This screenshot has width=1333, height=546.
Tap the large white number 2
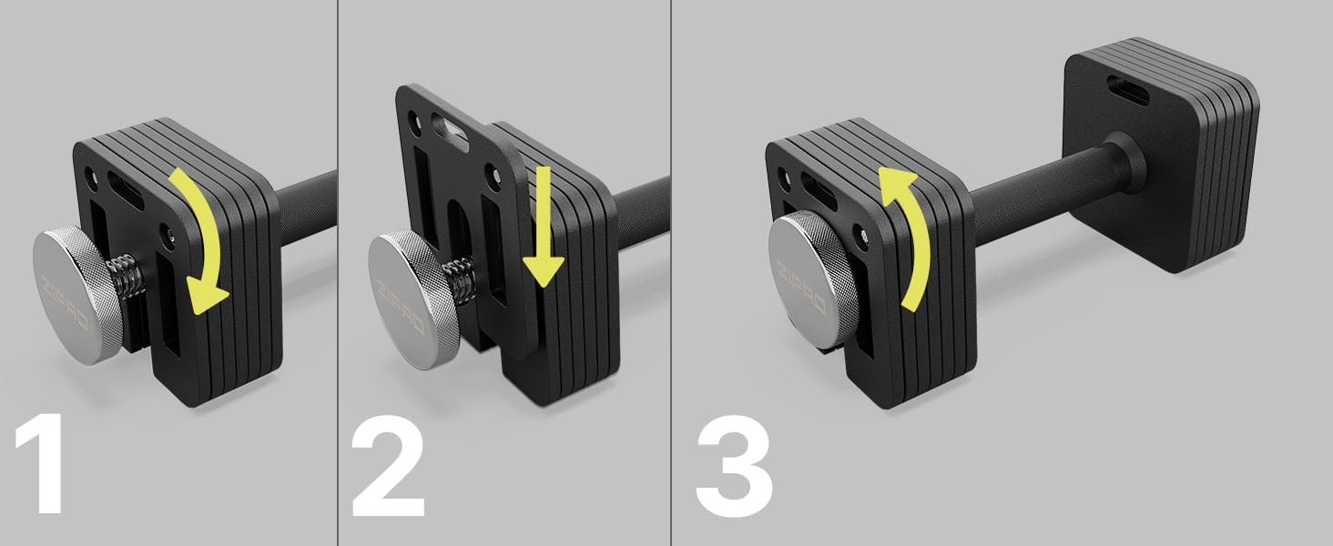click(388, 466)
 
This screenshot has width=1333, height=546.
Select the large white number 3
click(735, 466)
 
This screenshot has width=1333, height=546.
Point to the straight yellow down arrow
click(542, 226)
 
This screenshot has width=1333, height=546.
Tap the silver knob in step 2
click(413, 300)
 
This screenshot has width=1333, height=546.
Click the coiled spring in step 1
click(127, 279)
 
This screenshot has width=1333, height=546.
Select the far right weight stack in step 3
click(1160, 156)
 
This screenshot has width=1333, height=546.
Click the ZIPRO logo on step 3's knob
click(801, 288)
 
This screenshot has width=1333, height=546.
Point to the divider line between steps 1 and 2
click(338, 273)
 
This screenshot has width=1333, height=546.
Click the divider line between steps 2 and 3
click(672, 273)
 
